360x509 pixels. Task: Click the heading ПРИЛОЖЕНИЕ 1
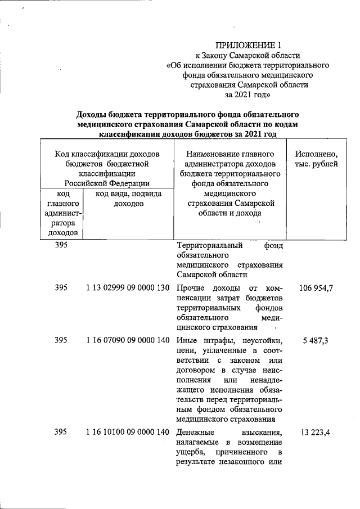(x=247, y=45)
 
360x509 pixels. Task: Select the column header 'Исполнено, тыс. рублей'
(x=320, y=159)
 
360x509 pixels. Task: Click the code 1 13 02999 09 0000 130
(x=128, y=289)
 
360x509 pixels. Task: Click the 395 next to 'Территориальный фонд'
(x=62, y=246)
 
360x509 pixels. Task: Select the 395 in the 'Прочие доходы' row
(x=62, y=289)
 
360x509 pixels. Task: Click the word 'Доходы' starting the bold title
(x=93, y=114)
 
